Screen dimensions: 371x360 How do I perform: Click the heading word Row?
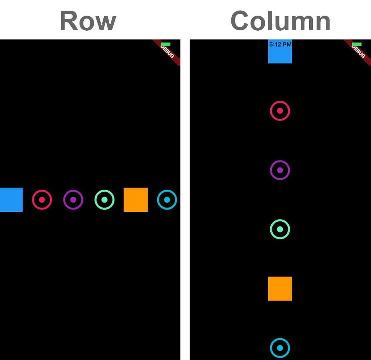click(88, 21)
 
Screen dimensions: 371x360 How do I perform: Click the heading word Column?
click(280, 21)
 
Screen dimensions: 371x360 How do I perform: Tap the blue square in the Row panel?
click(11, 200)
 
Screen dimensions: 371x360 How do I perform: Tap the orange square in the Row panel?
click(136, 200)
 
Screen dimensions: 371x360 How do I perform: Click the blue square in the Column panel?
click(280, 54)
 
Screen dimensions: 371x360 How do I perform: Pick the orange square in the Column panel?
click(280, 289)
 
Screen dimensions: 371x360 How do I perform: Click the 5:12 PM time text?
click(280, 44)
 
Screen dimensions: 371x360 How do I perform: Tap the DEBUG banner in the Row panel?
click(168, 52)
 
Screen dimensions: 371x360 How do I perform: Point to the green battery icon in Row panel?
click(166, 44)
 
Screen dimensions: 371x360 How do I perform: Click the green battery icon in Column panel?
click(357, 44)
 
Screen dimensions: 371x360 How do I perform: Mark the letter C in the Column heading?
click(240, 21)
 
